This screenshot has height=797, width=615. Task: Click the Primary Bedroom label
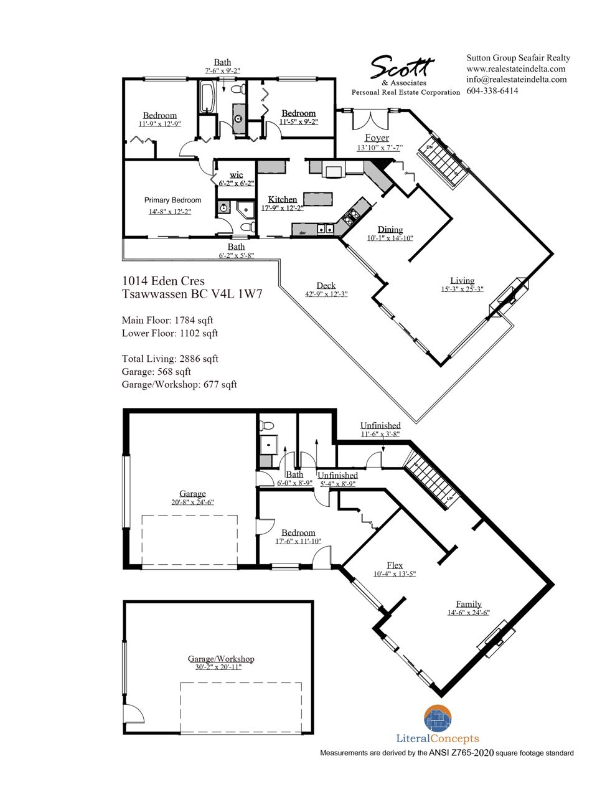(x=172, y=200)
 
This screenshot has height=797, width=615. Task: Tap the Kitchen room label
(x=282, y=199)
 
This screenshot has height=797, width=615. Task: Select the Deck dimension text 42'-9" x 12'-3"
(x=326, y=294)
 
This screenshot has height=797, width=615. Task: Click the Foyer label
(x=377, y=138)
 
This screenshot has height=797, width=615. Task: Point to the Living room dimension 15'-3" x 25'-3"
(x=462, y=289)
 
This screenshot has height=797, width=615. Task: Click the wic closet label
(x=237, y=175)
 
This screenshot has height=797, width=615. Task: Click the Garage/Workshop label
(x=220, y=659)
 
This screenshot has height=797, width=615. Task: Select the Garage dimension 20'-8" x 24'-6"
(x=192, y=502)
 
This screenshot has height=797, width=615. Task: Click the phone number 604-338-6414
(x=492, y=90)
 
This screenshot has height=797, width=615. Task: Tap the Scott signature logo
(x=401, y=67)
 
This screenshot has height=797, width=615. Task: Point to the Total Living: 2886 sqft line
(x=170, y=359)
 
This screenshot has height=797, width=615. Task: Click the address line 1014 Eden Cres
(x=163, y=281)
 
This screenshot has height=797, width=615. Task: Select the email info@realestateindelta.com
(x=517, y=80)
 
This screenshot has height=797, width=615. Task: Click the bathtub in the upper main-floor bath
(x=207, y=97)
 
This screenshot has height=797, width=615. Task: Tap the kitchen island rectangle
(x=317, y=199)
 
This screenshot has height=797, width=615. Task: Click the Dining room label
(x=390, y=230)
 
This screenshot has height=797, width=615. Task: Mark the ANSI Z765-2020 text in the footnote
(x=461, y=753)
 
